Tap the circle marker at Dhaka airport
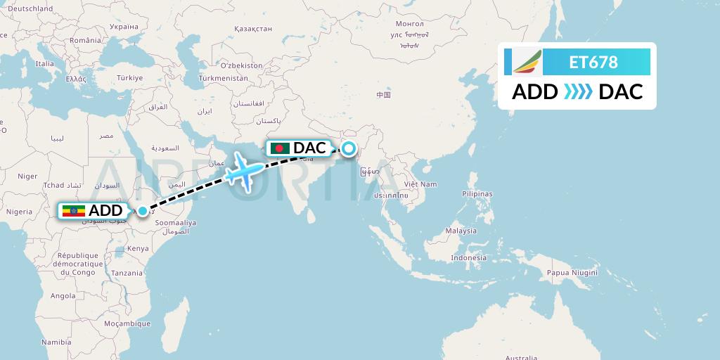348,148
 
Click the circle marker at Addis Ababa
143,210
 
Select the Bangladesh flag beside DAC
279,148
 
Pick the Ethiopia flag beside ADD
74,211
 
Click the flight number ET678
593,63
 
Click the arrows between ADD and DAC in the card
578,91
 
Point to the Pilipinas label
477,193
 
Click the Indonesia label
469,257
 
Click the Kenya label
138,248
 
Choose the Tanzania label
127,273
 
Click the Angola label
62,296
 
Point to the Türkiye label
129,77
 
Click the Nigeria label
20,212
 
